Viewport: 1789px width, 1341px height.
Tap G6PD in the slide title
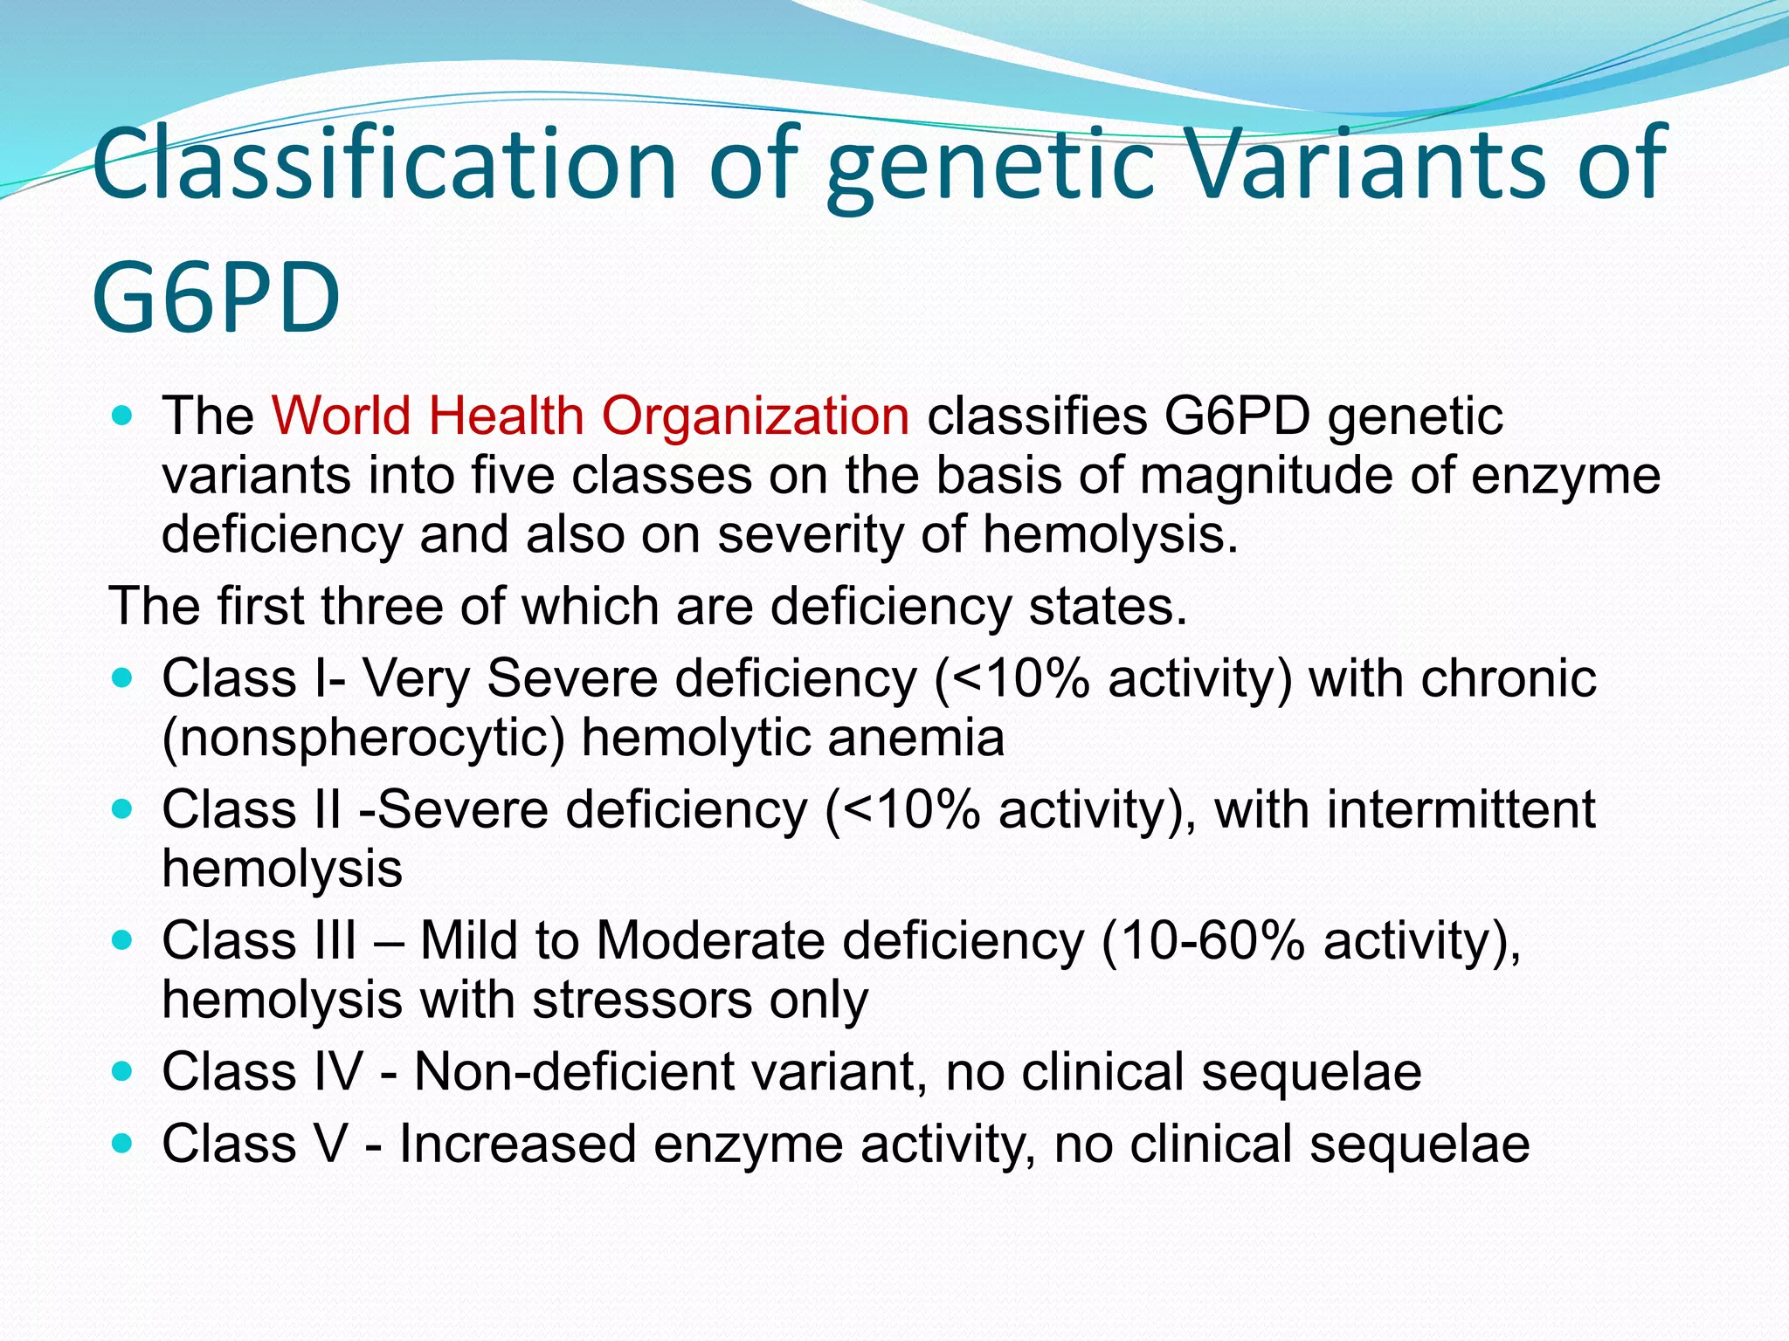tap(215, 297)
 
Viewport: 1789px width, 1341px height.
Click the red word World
tap(341, 416)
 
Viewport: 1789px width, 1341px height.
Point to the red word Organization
tap(756, 417)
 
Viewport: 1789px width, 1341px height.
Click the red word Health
tap(506, 416)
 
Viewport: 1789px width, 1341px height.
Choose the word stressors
tap(642, 1001)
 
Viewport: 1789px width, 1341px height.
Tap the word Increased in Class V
tap(517, 1145)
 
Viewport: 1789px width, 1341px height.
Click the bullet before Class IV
tap(123, 1070)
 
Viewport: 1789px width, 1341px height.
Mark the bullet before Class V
tap(123, 1143)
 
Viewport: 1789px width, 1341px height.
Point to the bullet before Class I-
tap(123, 677)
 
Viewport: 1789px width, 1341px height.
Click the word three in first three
tap(382, 606)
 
